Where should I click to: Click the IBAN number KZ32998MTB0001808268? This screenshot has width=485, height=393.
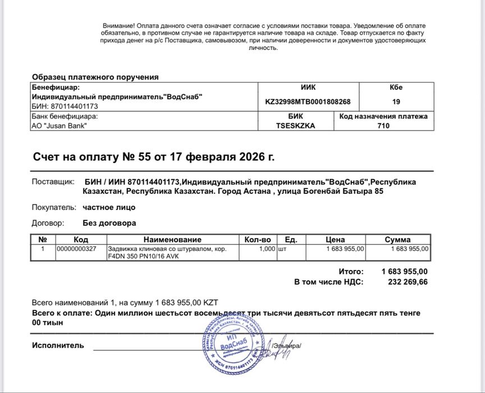[308, 102]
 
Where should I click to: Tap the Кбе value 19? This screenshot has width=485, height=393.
[396, 102]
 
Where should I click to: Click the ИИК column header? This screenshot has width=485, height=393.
[308, 87]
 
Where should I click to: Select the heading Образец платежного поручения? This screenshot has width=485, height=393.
[95, 77]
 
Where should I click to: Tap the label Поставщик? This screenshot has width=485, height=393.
[53, 182]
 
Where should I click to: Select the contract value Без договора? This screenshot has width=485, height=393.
[109, 223]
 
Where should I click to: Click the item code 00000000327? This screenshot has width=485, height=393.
[76, 248]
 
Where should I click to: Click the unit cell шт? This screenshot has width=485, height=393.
[282, 248]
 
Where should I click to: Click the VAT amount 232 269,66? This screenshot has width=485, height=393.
[408, 282]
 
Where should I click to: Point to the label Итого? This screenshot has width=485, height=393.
[351, 271]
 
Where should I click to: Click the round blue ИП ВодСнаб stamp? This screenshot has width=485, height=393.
[232, 348]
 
